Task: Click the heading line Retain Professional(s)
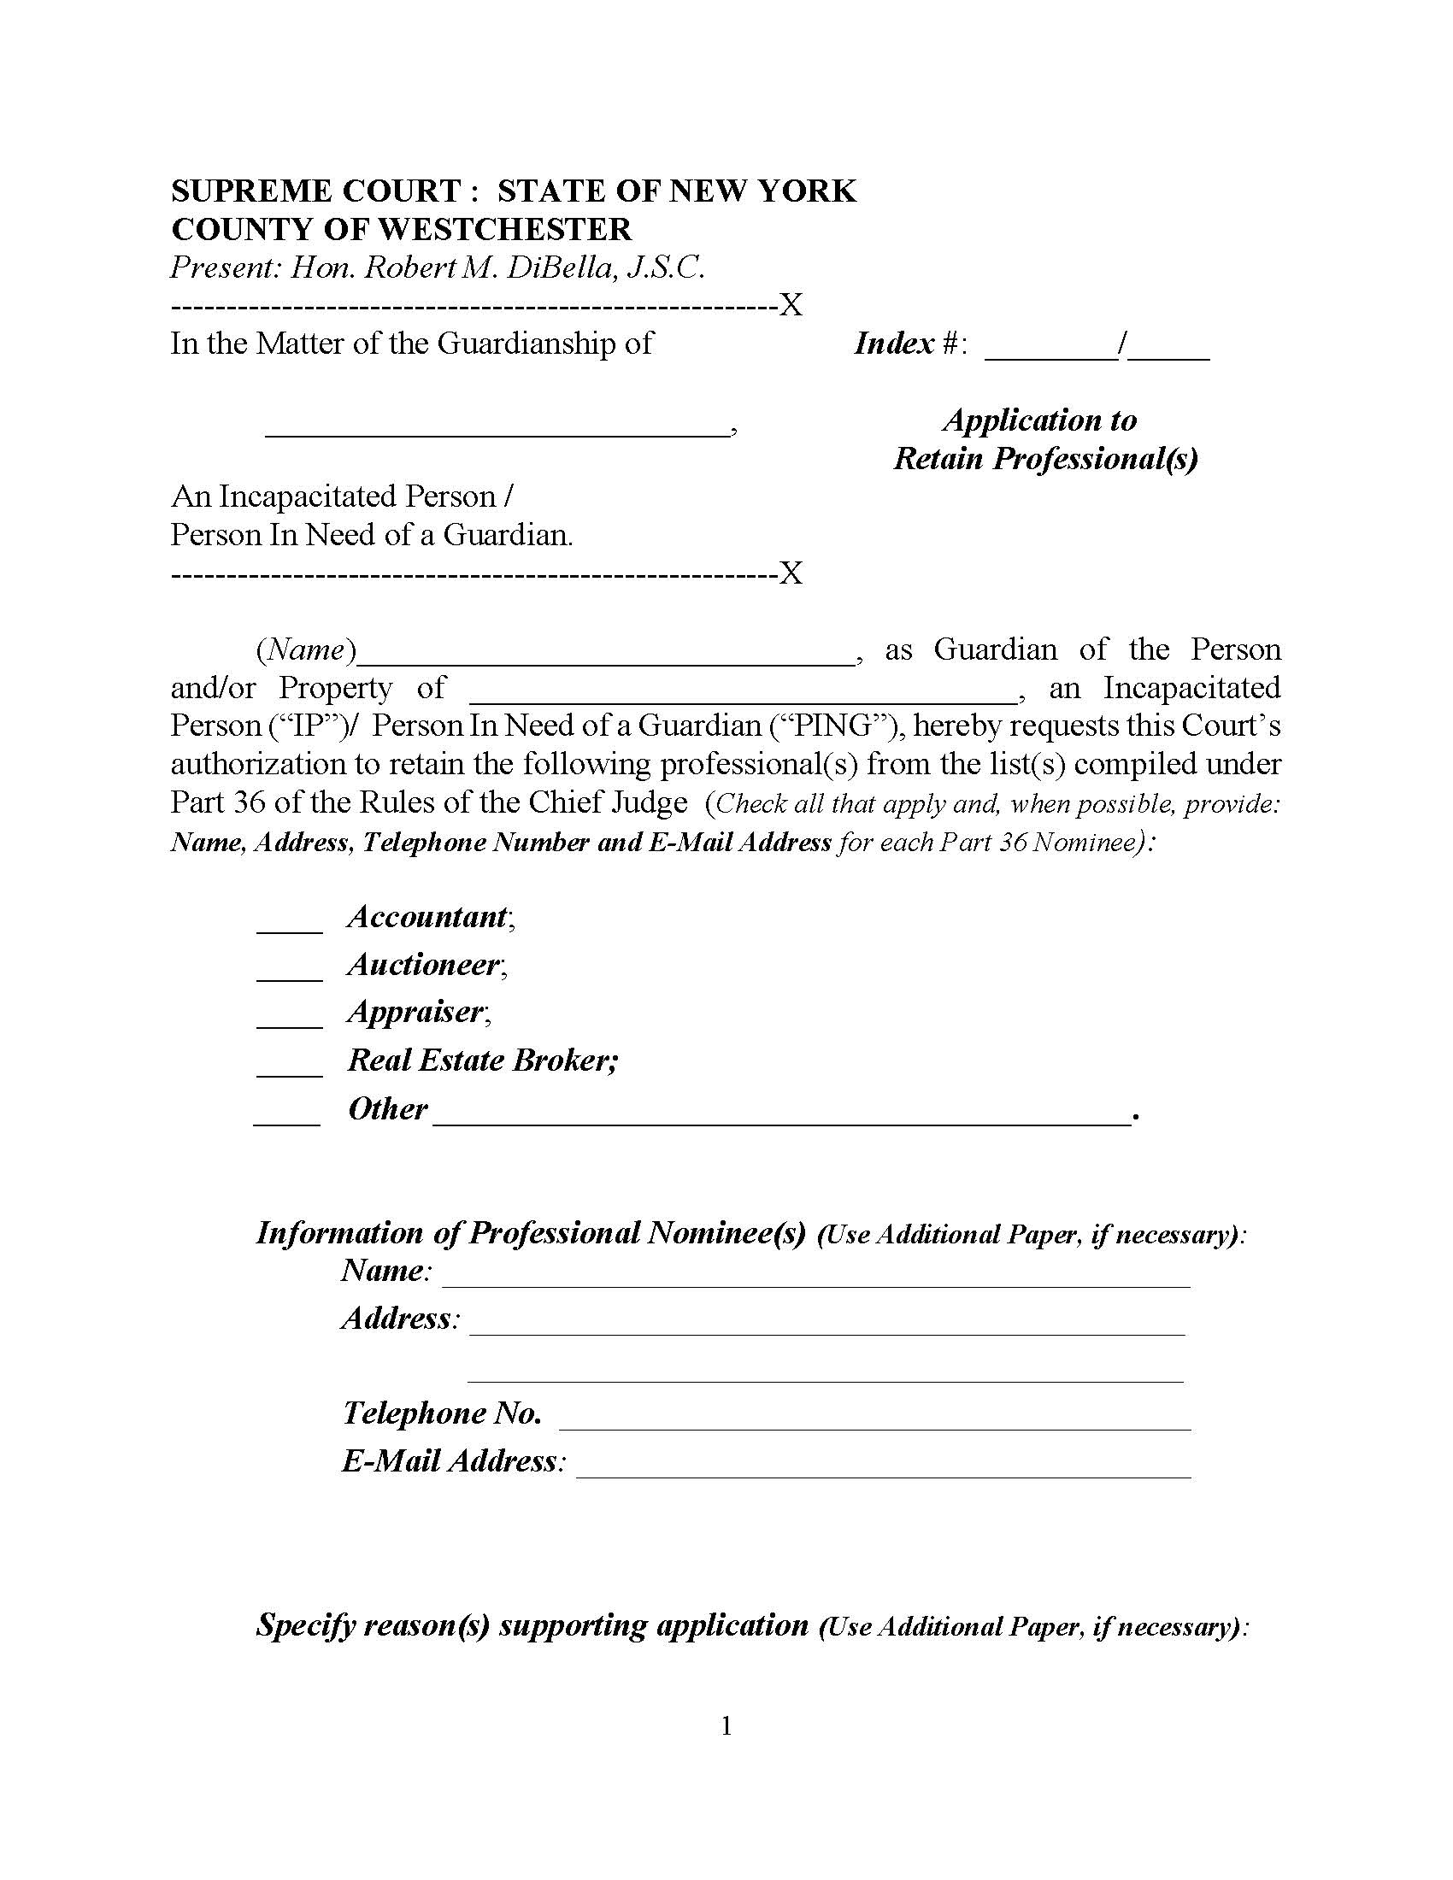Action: click(1045, 459)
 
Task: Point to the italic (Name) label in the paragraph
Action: click(306, 650)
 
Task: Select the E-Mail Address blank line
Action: click(883, 1473)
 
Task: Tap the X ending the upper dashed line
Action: click(791, 306)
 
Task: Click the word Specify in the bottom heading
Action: click(306, 1625)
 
